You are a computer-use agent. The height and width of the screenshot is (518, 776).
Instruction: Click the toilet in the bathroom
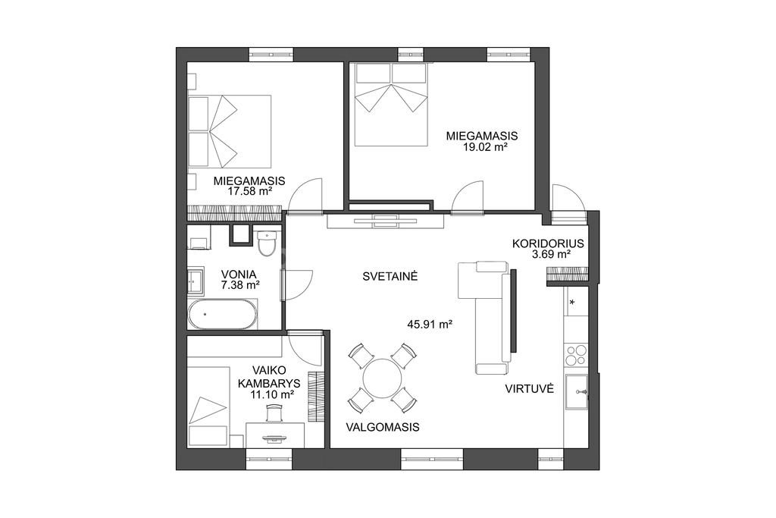coord(268,243)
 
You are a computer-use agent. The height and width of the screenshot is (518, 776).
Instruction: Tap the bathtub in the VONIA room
coord(223,314)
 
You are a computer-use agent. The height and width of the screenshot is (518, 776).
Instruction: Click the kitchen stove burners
coord(576,355)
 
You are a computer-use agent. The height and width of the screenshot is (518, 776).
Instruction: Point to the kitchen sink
coord(577,391)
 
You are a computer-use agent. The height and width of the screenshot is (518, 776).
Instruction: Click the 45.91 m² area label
coord(430,325)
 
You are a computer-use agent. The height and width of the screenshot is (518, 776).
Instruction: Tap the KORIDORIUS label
coord(548,243)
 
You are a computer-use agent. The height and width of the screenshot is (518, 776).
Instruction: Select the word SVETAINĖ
coord(390,276)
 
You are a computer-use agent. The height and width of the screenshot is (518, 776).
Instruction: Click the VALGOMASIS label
coord(383,427)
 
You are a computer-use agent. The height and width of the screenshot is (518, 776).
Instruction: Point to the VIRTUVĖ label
coord(529,389)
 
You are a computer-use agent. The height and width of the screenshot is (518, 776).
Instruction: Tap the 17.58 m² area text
coord(250,191)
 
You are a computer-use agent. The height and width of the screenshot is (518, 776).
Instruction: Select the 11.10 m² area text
coord(272,394)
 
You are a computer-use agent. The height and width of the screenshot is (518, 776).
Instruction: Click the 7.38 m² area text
coord(240,285)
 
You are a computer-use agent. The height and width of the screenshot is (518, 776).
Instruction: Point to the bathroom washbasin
coord(195,281)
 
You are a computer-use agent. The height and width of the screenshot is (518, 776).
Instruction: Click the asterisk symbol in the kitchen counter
coord(573,302)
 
